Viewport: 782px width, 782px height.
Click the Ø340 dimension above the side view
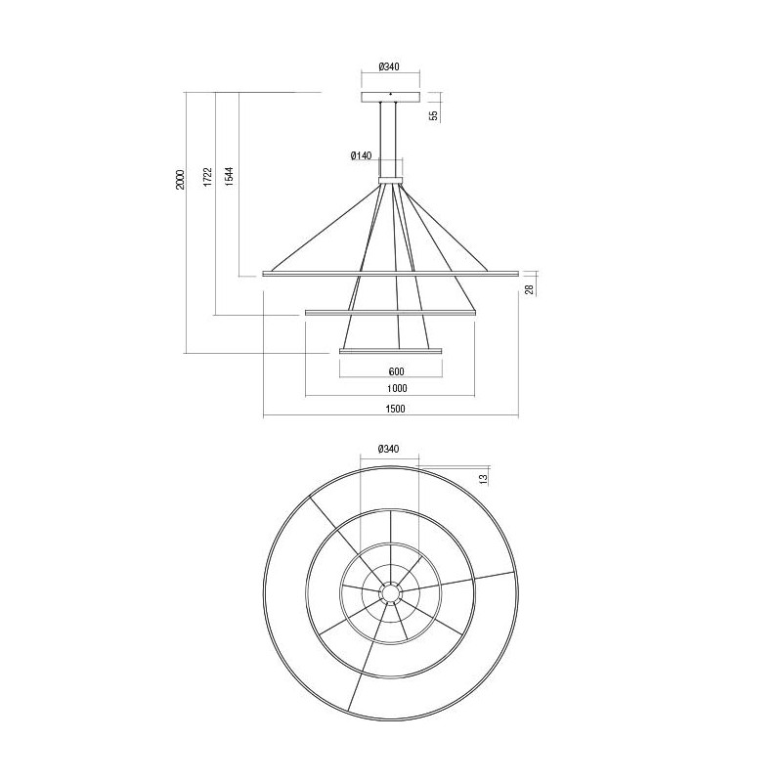[x=390, y=66]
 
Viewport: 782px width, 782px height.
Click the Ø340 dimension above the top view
[x=390, y=449]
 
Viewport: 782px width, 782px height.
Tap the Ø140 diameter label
[x=361, y=155]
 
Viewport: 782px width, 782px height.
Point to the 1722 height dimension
[x=206, y=177]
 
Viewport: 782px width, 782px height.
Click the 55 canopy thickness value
[x=433, y=114]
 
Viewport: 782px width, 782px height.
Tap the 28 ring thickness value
[x=528, y=289]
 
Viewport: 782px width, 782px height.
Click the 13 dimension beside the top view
[x=482, y=478]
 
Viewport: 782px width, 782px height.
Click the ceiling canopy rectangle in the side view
[x=390, y=99]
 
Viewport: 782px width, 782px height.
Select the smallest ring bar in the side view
[x=390, y=350]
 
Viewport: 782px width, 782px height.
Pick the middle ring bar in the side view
[x=390, y=312]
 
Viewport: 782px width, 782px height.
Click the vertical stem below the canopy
[x=390, y=137]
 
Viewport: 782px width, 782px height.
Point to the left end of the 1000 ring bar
[x=308, y=312]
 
